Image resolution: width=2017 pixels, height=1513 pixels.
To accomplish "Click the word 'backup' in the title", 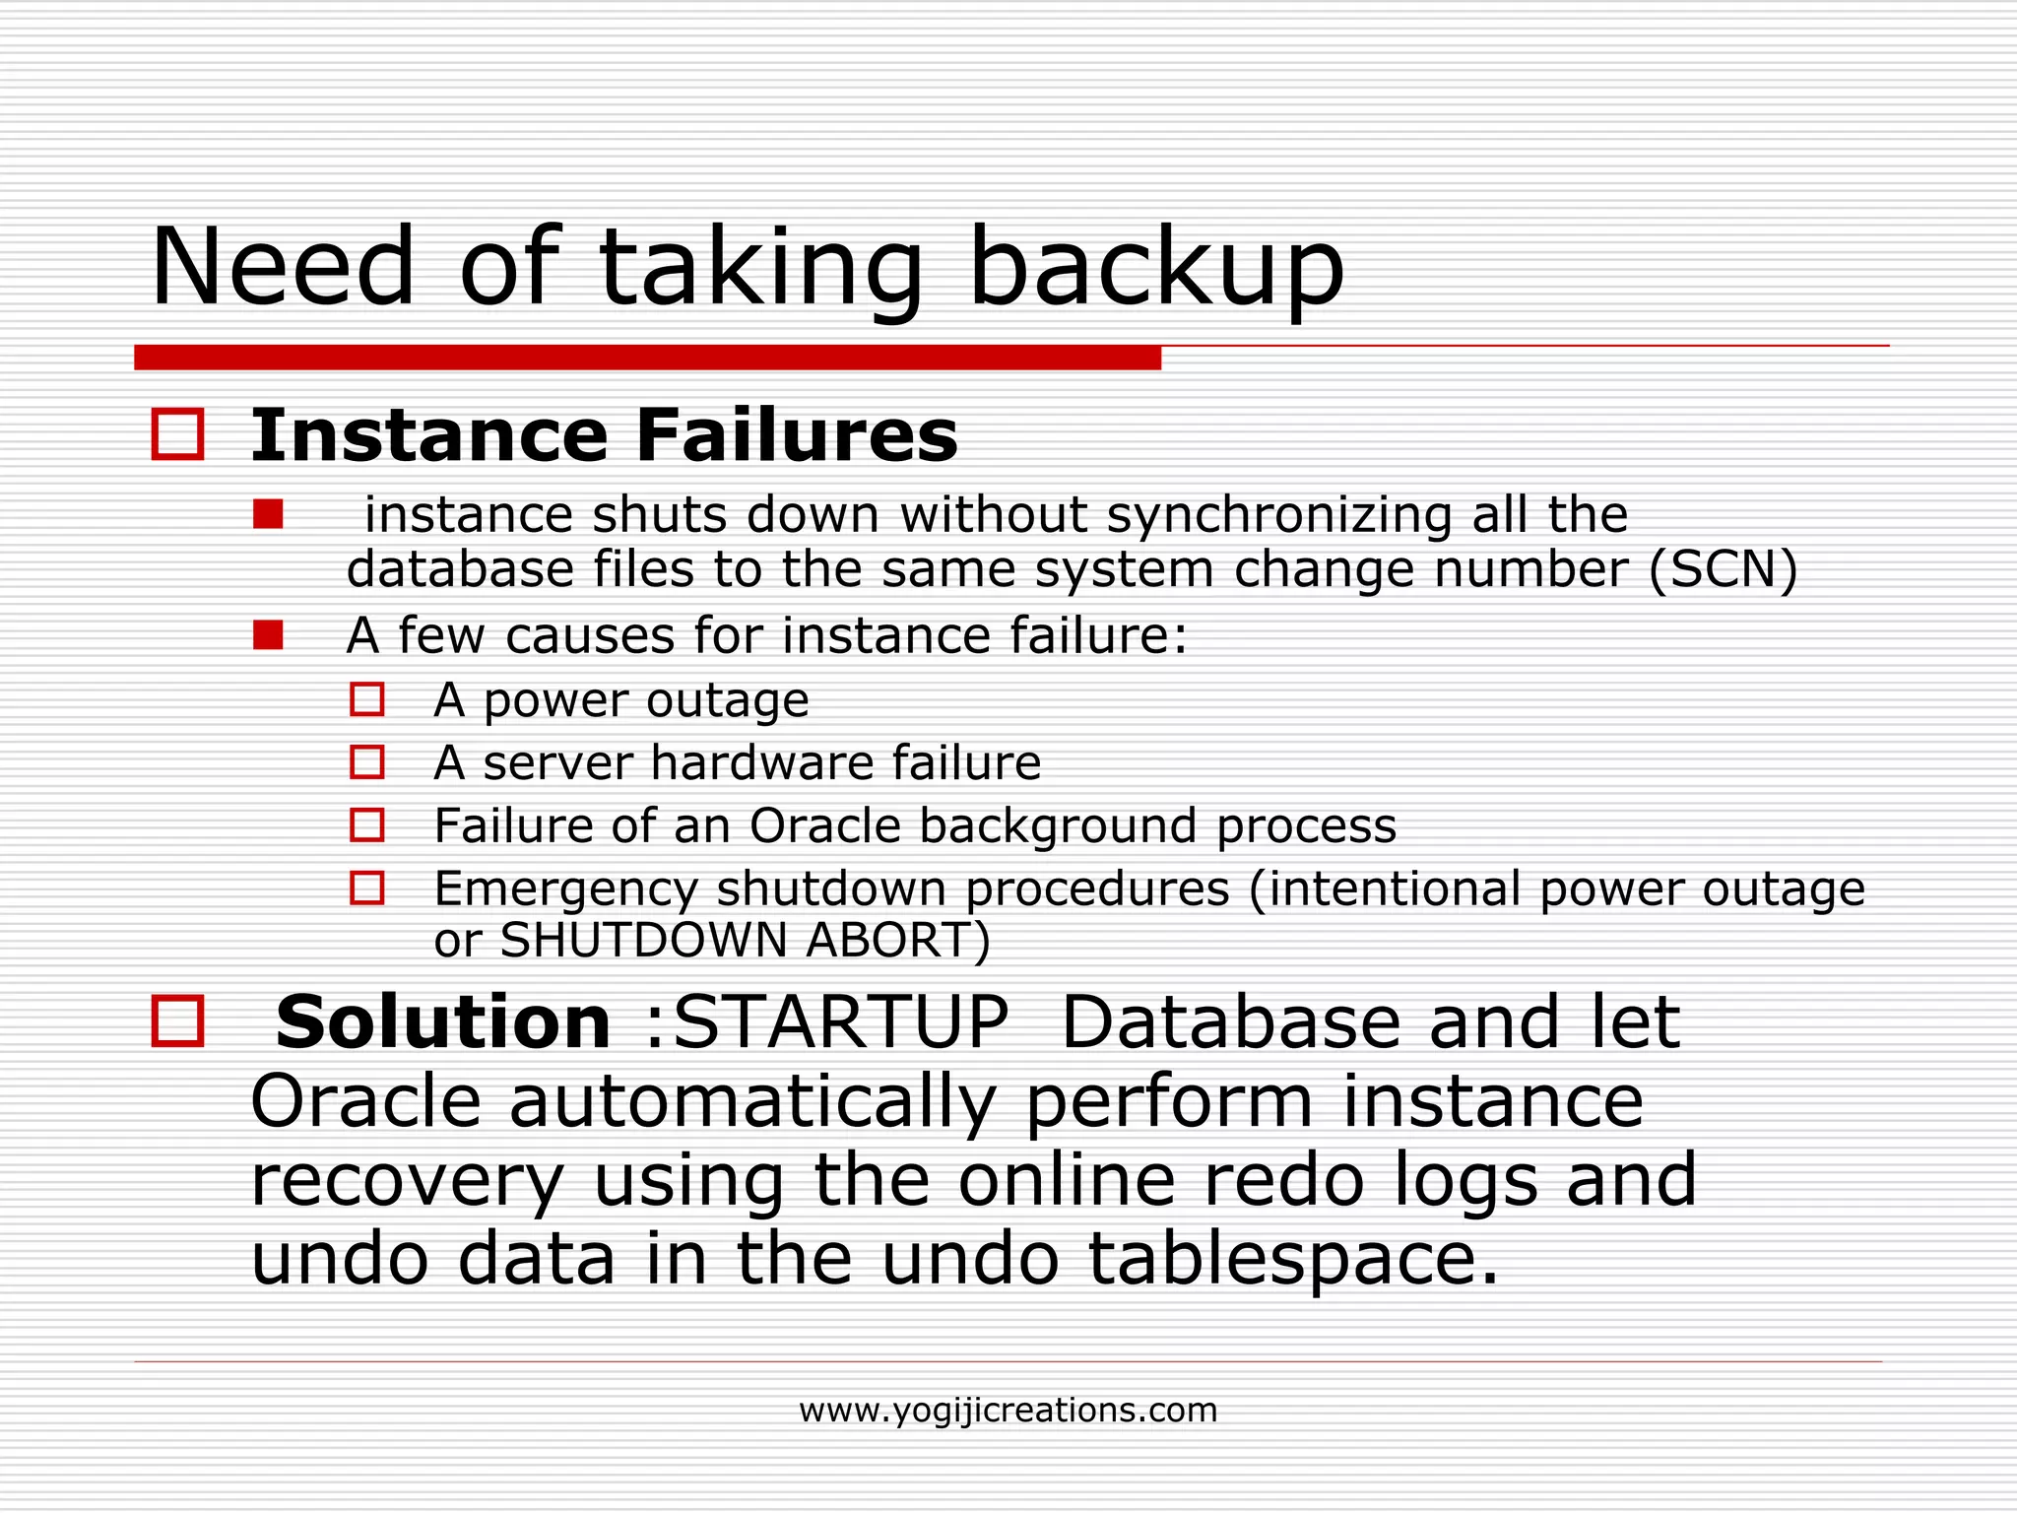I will click(x=1156, y=268).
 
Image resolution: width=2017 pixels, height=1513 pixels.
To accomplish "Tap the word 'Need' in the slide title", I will click(x=283, y=268).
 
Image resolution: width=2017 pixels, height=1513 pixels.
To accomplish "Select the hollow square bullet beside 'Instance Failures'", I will click(x=178, y=434).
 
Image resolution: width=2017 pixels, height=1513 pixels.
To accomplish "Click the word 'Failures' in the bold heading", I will click(x=797, y=435).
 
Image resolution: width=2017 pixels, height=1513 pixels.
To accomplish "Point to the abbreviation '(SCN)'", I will click(x=1724, y=569).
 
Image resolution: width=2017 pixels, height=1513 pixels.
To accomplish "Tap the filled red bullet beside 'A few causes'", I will click(x=268, y=635).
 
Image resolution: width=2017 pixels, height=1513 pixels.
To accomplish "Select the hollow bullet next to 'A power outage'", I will click(x=367, y=699).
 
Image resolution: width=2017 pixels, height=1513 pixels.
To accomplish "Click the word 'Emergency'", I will click(x=565, y=889).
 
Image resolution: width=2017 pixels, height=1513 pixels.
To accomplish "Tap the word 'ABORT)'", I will click(x=897, y=940).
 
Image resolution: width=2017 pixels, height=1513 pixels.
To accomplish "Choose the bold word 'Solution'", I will click(x=443, y=1021).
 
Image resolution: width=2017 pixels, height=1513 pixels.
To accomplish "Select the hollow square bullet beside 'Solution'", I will click(x=178, y=1020).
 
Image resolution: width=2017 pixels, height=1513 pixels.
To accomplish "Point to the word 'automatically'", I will click(x=752, y=1101).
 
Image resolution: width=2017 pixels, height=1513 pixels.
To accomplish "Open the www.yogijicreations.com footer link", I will click(x=1008, y=1411).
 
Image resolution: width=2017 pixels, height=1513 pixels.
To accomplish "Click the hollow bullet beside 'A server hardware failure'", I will click(x=367, y=762).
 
